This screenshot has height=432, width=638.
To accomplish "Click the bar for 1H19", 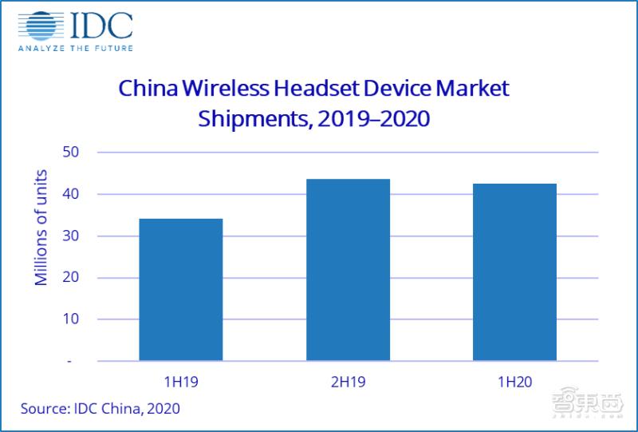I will (x=181, y=289).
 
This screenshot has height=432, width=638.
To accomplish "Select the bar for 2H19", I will (x=348, y=269).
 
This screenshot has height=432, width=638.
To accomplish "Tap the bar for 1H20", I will (x=514, y=271).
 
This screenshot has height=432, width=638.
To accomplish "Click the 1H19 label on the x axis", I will (x=180, y=382).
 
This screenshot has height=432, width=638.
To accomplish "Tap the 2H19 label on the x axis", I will (x=348, y=382).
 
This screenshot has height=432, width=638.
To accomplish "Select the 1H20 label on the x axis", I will (x=514, y=382).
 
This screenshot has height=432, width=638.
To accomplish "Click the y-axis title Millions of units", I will (x=41, y=228).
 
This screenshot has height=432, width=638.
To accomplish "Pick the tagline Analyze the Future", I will (x=76, y=49).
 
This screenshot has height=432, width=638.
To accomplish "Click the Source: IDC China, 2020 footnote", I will (x=100, y=408).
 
